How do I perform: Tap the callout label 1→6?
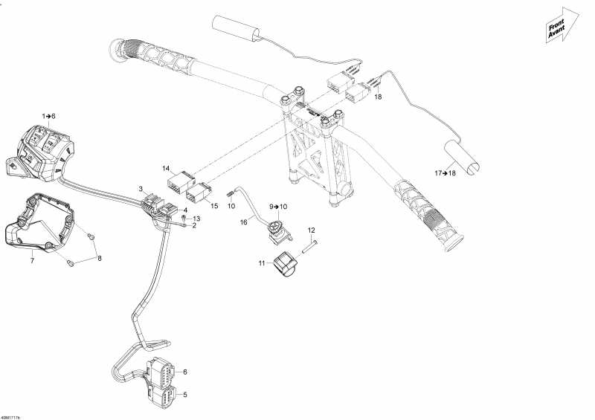coord(49,116)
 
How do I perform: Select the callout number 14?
coord(167,169)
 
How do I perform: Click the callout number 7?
coord(32,261)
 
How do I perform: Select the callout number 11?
coord(261,262)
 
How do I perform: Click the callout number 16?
coord(243,222)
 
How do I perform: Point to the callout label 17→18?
coord(446,173)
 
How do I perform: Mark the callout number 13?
coord(197,219)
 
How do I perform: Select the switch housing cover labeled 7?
coord(37,223)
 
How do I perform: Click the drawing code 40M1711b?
coord(10,416)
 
